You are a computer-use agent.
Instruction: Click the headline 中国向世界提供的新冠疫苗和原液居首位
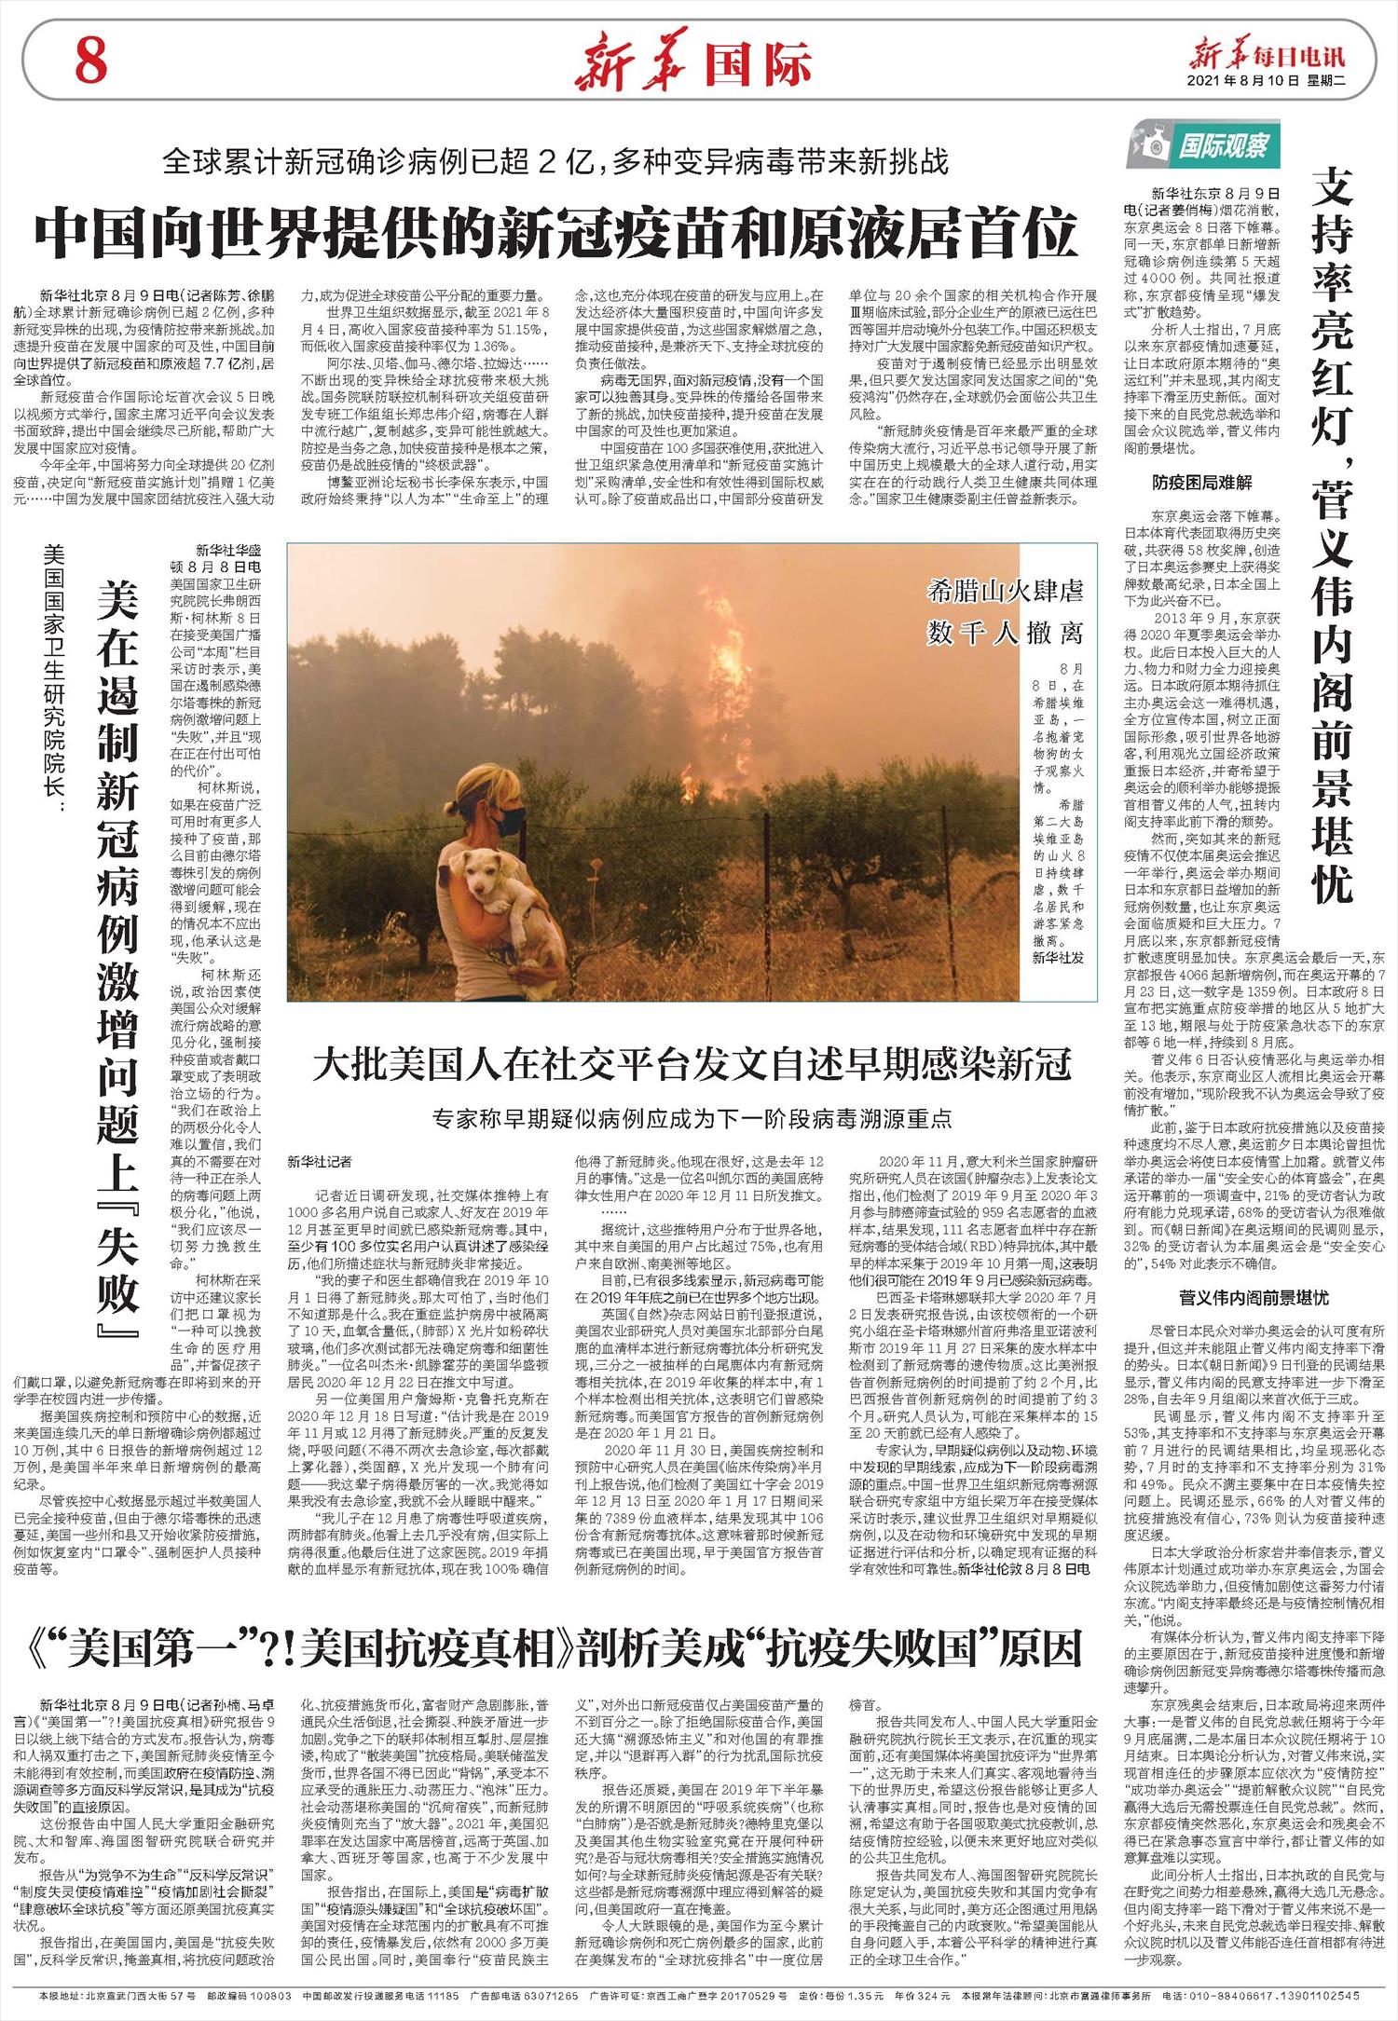pyautogui.click(x=556, y=236)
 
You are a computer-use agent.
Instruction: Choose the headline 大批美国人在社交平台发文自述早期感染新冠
pyautogui.click(x=692, y=1064)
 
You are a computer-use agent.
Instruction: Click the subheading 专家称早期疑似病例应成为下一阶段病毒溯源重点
pyautogui.click(x=692, y=1118)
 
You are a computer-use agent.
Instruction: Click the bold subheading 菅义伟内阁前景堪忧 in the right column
pyautogui.click(x=1254, y=1298)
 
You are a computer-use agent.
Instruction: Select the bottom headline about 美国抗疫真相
pyautogui.click(x=557, y=1650)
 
